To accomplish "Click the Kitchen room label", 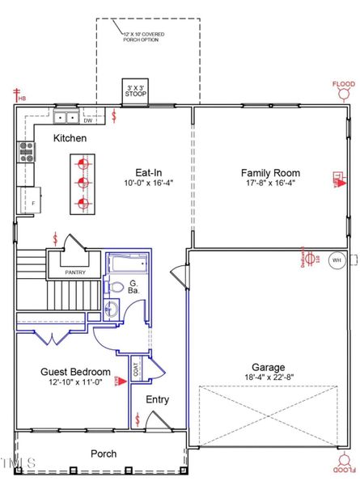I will (x=70, y=139).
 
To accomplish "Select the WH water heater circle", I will (x=337, y=260).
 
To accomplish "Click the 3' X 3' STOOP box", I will (x=134, y=91).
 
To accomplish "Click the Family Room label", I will (x=270, y=173).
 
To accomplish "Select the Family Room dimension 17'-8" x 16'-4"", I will (x=270, y=184).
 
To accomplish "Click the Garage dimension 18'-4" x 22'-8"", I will (x=268, y=377).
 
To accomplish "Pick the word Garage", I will (x=268, y=365).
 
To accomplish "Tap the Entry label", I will (x=156, y=400).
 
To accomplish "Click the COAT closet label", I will (x=135, y=369).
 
